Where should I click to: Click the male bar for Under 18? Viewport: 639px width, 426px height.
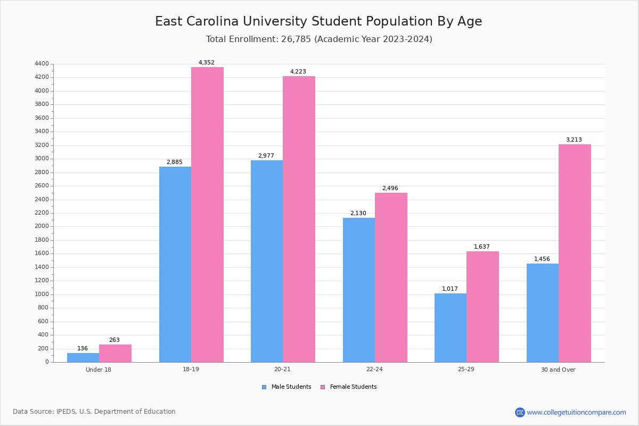83,357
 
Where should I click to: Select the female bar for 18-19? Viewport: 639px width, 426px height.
207,215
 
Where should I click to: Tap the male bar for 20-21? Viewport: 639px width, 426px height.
267,261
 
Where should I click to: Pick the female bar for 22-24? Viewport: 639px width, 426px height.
391,277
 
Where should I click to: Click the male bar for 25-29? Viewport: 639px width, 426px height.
450,327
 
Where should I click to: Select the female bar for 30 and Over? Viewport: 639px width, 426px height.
575,253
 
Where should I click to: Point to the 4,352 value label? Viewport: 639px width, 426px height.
207,62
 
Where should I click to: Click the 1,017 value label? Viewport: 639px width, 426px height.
450,289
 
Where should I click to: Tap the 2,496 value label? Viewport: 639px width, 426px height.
390,188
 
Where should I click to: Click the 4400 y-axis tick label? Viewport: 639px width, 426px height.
42,64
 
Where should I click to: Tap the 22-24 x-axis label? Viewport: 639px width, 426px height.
374,370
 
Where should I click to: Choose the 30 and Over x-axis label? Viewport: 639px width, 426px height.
558,370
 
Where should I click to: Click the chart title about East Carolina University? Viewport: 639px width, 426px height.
318,21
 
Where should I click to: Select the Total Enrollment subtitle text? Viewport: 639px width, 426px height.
319,39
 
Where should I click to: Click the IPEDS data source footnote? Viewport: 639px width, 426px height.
94,412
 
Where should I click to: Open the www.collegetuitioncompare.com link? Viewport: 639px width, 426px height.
576,412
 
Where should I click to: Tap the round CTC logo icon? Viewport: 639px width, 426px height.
520,412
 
